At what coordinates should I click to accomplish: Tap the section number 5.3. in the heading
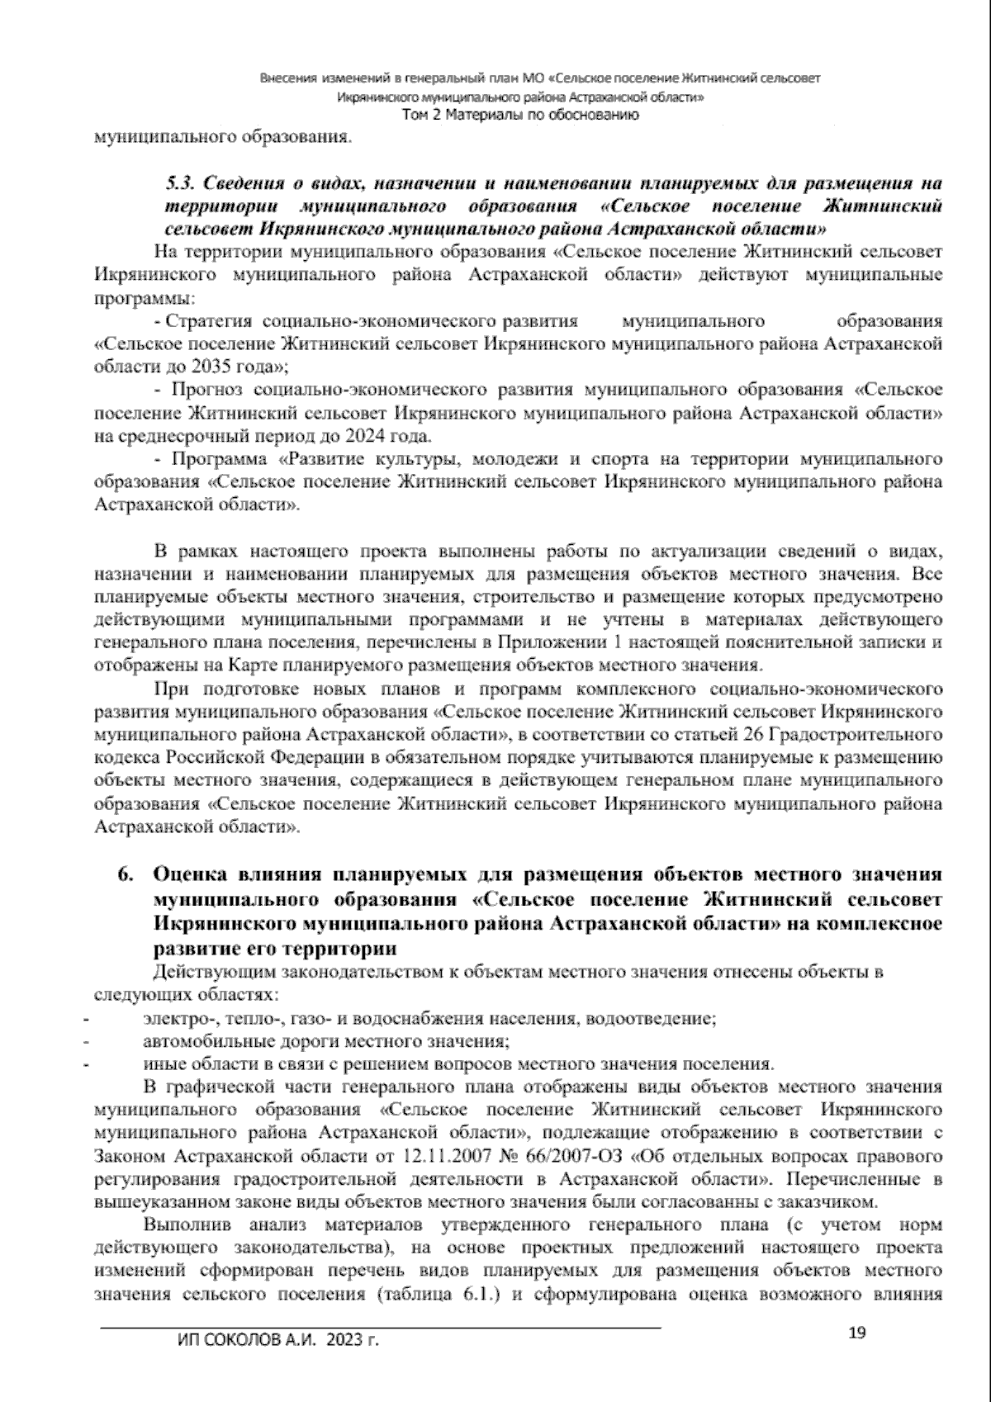(x=182, y=182)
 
